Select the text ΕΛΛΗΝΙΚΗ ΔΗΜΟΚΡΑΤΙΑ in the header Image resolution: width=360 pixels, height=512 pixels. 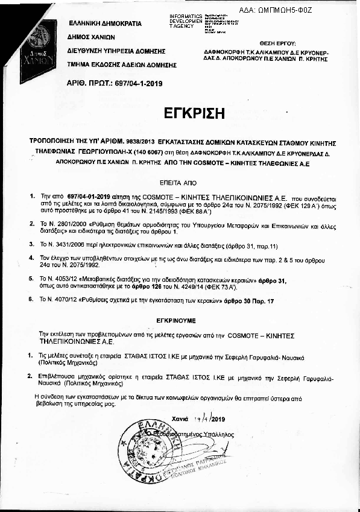click(104, 24)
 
